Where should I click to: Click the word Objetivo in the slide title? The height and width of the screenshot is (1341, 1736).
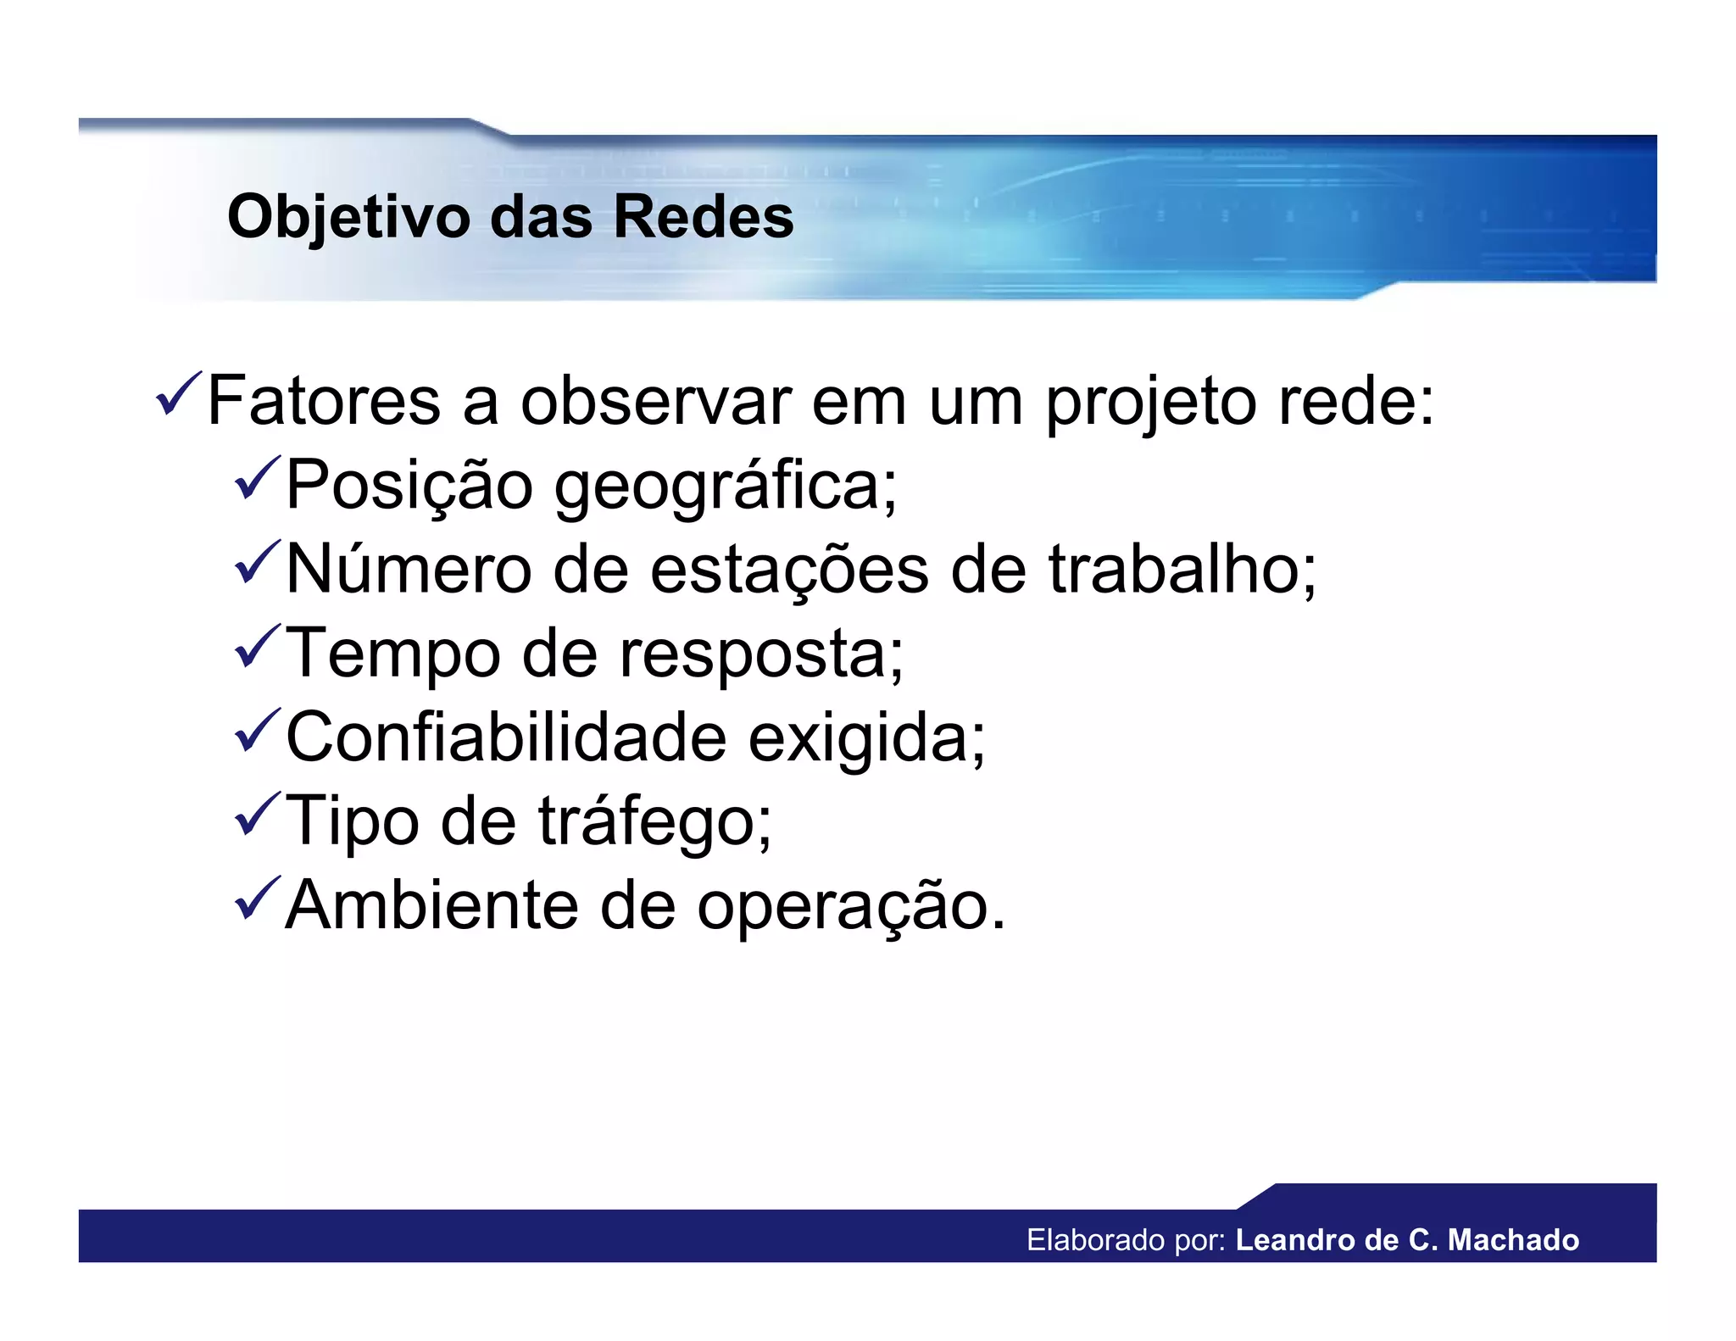(x=348, y=217)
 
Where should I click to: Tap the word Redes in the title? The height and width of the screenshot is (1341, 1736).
(x=703, y=217)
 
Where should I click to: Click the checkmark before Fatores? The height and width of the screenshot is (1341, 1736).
(x=178, y=394)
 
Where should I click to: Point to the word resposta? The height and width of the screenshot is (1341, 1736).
(x=761, y=654)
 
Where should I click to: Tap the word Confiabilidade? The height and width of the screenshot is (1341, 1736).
(x=505, y=737)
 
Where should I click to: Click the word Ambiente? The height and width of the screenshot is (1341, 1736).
(x=431, y=905)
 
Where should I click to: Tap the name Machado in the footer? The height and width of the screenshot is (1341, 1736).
(x=1513, y=1240)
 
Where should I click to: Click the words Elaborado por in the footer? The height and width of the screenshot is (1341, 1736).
(x=1126, y=1240)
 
